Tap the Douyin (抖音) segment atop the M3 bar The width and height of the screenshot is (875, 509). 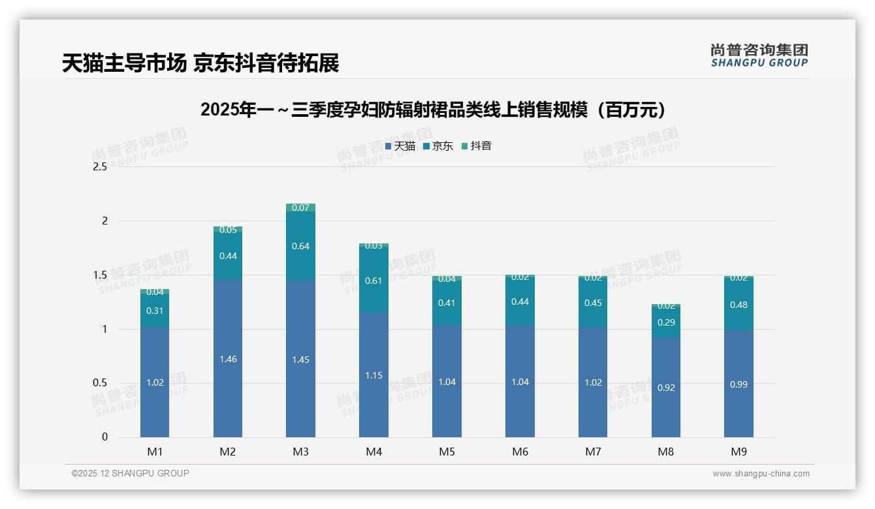[300, 208]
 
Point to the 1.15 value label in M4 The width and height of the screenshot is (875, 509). [374, 375]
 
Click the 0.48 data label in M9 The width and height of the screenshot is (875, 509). [739, 305]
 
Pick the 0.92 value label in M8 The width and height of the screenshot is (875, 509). [665, 388]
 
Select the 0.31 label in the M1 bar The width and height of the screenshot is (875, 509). [155, 311]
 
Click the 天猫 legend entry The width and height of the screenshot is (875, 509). [400, 146]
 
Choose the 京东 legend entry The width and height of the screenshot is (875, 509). [438, 146]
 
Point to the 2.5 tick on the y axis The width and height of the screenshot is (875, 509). [99, 167]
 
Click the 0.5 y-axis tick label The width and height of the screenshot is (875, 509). [99, 383]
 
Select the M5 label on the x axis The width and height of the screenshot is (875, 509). [447, 452]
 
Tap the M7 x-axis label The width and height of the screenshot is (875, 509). [593, 452]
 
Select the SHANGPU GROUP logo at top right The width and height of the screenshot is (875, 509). [759, 55]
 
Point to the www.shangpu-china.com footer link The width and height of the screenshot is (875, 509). [761, 474]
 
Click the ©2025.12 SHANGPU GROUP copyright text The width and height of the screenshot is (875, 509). [131, 474]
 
